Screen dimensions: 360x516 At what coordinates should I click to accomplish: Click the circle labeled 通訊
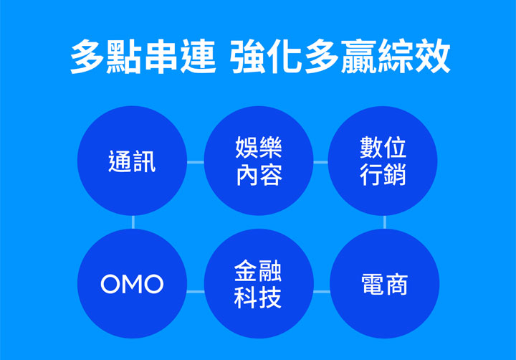pos(132,161)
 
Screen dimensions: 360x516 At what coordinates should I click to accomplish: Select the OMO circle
pos(132,284)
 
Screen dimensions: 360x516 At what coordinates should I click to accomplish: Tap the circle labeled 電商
pos(384,284)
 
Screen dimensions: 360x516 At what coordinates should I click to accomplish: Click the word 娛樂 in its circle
pos(259,148)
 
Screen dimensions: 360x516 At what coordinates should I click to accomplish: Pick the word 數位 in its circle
pos(383,148)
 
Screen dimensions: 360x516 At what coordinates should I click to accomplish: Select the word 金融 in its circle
pos(259,270)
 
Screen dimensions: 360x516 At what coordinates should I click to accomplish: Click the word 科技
pos(259,298)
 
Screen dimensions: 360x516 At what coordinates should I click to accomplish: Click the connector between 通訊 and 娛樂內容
pos(195,162)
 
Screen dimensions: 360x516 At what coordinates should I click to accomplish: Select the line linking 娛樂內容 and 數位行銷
pos(320,162)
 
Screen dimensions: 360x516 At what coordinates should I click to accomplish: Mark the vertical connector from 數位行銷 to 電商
pos(384,222)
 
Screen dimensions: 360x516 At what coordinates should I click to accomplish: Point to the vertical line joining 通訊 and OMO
pos(133,222)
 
